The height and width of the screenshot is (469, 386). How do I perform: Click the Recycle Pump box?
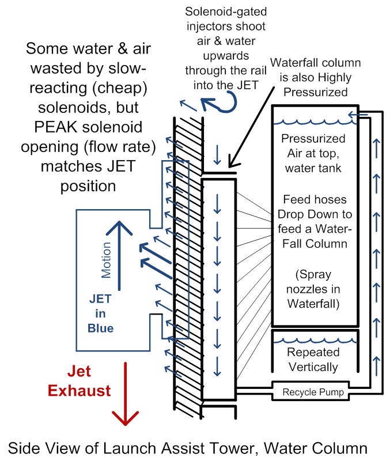[313, 392]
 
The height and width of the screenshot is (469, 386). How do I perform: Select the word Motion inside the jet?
[106, 260]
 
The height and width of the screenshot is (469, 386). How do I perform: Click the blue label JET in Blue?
[100, 314]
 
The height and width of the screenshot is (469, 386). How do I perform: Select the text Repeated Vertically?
[313, 360]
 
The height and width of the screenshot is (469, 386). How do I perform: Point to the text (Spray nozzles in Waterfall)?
[313, 289]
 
